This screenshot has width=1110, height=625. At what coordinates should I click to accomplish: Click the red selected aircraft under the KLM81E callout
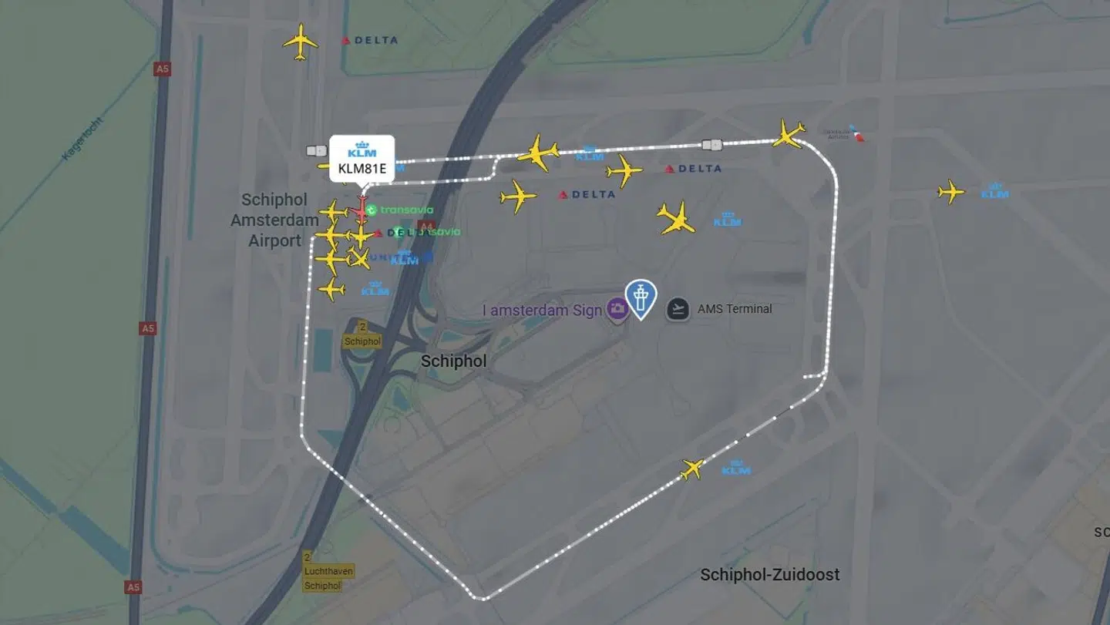(361, 208)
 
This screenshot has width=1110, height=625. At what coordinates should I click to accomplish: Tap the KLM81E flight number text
(362, 168)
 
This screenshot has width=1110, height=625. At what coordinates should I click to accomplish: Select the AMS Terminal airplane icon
(678, 309)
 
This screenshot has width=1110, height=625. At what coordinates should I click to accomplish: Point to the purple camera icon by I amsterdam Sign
(617, 310)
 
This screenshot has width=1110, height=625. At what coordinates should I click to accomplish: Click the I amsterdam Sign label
(542, 311)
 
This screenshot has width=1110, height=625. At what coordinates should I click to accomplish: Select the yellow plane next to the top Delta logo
(300, 41)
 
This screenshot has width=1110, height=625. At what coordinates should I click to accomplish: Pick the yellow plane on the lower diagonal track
(692, 468)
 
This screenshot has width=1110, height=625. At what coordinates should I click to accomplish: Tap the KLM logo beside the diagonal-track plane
(735, 468)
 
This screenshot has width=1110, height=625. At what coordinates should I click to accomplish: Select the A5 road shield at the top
(162, 69)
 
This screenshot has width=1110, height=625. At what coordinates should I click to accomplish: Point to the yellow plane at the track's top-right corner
(788, 134)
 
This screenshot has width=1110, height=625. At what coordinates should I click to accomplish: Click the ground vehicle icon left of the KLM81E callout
(317, 151)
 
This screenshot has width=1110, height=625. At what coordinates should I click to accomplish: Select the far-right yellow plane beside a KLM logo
(951, 191)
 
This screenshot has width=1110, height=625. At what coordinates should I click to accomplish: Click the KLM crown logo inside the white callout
(362, 149)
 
